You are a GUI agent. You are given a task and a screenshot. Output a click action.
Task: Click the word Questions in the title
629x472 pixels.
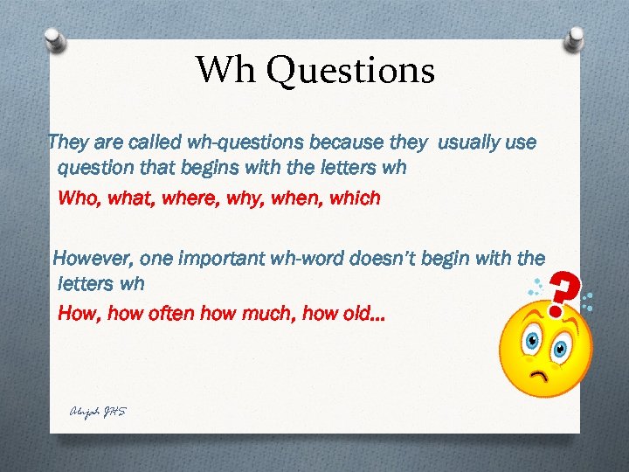(x=351, y=70)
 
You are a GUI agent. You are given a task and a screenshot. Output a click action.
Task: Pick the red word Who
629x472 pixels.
(x=77, y=198)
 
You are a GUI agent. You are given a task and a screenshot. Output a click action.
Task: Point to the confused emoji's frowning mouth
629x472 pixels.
(x=544, y=375)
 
